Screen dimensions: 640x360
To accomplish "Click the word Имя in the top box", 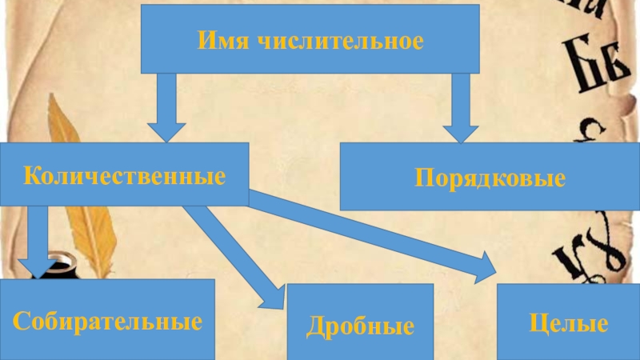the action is point(220,39).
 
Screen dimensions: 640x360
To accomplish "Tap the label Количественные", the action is point(124,174).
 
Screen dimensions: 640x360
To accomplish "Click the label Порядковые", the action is point(490,178).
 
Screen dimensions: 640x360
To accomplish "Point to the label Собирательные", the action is point(106,322).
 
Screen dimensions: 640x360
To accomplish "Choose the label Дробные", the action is point(360,326).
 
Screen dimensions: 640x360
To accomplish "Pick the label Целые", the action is point(569,324).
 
